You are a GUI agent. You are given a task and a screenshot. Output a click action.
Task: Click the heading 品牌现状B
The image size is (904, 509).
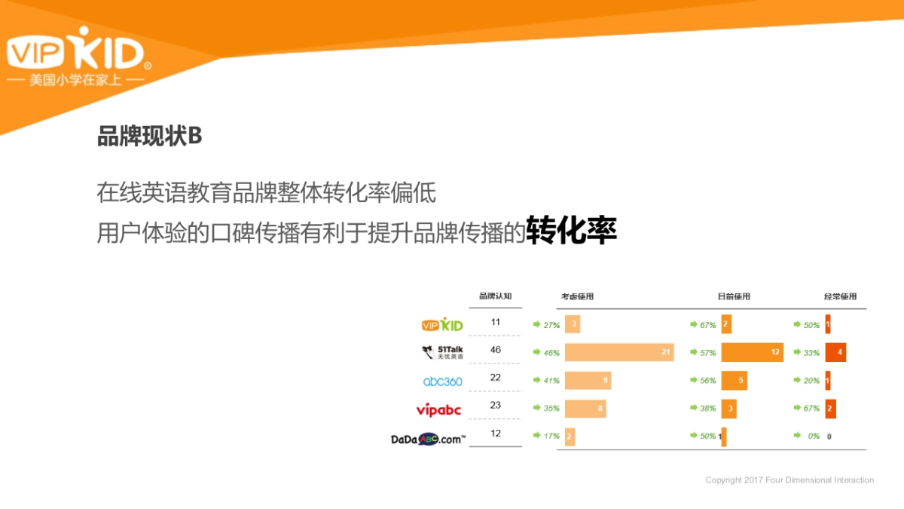[149, 136]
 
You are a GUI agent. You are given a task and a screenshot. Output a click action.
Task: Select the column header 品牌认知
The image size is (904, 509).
[495, 296]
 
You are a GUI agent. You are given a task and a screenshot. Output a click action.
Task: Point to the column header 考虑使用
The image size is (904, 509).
[577, 296]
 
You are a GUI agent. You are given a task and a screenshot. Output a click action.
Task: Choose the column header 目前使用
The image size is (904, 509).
[734, 296]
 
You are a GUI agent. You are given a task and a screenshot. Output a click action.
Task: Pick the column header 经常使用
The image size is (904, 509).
[840, 296]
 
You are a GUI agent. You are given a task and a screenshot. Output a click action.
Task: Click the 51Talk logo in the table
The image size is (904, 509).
[441, 351]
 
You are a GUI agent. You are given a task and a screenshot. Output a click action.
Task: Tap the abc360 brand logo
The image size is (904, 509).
[442, 381]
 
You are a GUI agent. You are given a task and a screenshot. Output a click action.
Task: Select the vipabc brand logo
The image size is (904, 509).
[438, 409]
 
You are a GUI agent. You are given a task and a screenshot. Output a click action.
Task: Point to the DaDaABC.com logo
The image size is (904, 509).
[428, 438]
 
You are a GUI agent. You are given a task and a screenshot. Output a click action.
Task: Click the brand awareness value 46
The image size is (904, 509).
[495, 350]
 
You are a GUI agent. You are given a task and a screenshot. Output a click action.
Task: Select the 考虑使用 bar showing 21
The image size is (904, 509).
[618, 352]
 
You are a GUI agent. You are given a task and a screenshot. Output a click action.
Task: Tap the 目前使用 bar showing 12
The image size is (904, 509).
[751, 352]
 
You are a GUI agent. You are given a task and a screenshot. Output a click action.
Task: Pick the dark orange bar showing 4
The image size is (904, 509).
[835, 352]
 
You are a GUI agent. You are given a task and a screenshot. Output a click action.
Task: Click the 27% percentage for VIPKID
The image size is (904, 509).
[551, 325]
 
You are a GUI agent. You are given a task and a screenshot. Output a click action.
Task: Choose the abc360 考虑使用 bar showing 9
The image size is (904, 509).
[588, 381]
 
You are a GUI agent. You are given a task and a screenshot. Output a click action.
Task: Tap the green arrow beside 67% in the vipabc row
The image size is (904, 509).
[796, 408]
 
